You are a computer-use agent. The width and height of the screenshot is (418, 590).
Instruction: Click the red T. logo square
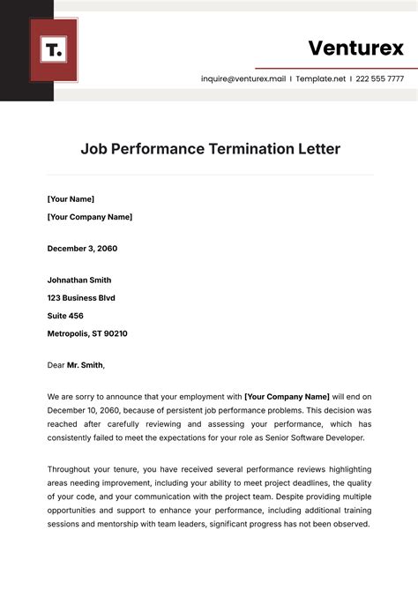(x=54, y=50)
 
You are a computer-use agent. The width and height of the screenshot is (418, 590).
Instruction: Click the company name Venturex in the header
(x=355, y=48)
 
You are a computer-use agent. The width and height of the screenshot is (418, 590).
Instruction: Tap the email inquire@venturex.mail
(x=243, y=78)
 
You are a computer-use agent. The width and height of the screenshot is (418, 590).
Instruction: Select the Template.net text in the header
(x=320, y=78)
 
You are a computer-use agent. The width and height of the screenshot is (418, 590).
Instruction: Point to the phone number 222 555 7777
(x=381, y=78)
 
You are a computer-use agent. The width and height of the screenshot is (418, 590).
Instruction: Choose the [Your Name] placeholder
(x=71, y=199)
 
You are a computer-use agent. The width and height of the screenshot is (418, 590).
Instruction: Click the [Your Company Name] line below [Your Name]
(x=89, y=217)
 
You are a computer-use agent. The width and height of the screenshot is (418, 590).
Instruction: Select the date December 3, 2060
(x=82, y=249)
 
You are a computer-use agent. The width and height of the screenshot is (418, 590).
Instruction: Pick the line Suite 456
(x=65, y=316)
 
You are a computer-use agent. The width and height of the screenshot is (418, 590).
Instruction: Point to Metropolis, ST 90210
(x=87, y=333)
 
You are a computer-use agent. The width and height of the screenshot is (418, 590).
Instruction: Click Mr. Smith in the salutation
(x=85, y=365)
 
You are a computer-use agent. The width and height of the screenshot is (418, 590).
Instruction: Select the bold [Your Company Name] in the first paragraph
(x=287, y=397)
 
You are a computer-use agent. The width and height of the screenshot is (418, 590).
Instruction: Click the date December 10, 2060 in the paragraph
(x=87, y=411)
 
